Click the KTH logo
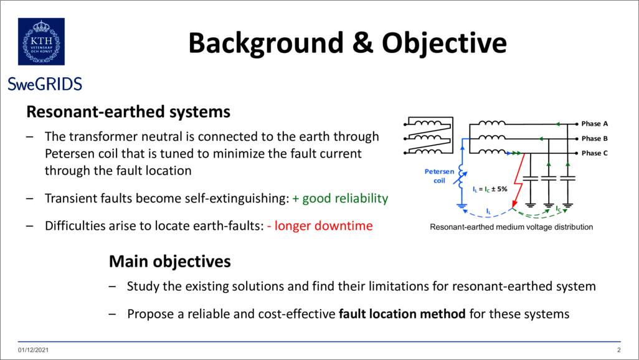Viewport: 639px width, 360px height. (x=41, y=42)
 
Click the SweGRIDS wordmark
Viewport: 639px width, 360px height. (x=45, y=84)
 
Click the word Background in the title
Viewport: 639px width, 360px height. (x=266, y=43)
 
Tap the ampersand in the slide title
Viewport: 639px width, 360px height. (x=362, y=42)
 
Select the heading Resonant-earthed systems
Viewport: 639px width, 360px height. (x=128, y=111)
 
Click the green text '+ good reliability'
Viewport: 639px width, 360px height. (x=340, y=199)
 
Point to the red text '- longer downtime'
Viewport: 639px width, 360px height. (x=320, y=226)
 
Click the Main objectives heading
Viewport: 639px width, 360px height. (x=170, y=262)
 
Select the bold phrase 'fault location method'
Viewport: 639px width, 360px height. (x=402, y=314)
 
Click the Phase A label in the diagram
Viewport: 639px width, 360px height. (x=595, y=123)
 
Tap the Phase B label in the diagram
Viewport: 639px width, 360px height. (x=595, y=139)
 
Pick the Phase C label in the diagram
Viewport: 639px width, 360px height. (x=595, y=153)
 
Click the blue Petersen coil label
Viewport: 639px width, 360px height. (x=439, y=176)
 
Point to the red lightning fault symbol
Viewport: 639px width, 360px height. (x=518, y=181)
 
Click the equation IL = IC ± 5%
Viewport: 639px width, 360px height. (x=490, y=189)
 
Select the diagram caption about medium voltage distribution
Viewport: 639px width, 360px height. (x=511, y=227)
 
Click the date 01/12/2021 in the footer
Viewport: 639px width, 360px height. (x=33, y=350)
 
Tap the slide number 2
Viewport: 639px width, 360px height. (x=618, y=350)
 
